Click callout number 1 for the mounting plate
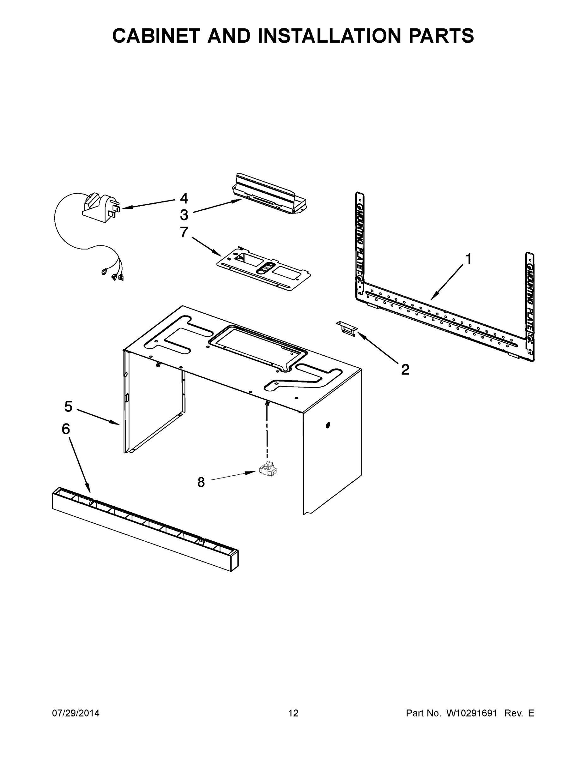click(468, 259)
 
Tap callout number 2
click(405, 370)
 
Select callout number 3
click(184, 215)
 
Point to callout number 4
click(184, 199)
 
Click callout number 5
click(68, 406)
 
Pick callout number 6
click(66, 429)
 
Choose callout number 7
click(184, 232)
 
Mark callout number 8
click(201, 482)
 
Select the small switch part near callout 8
click(268, 470)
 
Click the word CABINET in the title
click(157, 36)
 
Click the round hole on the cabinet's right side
click(328, 425)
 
